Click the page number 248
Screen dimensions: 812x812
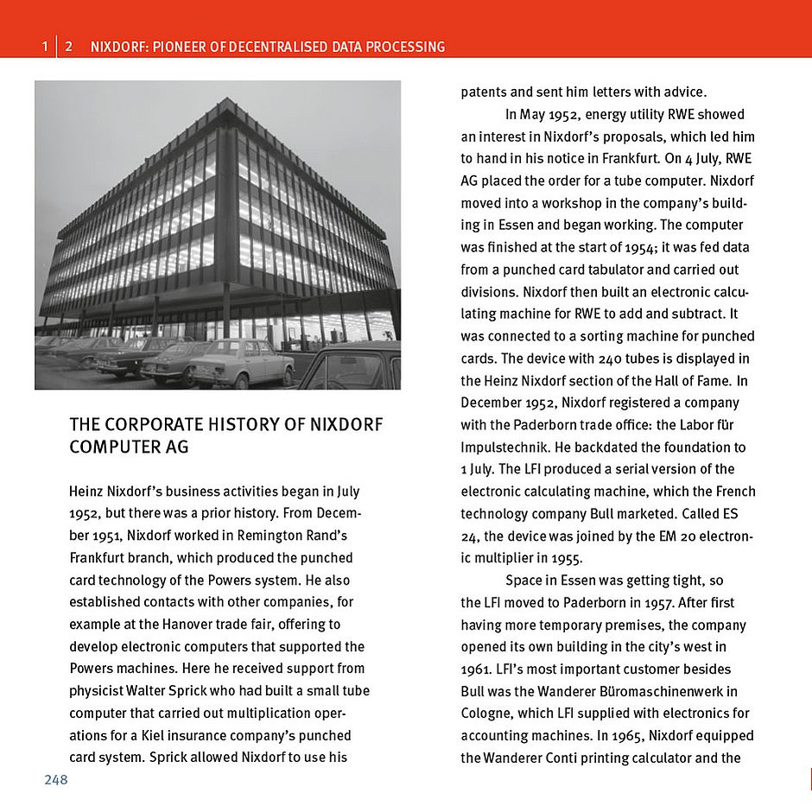click(x=56, y=780)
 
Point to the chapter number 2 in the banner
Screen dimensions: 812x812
click(x=68, y=47)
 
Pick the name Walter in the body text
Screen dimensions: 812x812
click(x=155, y=691)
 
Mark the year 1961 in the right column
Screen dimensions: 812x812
click(x=475, y=669)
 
